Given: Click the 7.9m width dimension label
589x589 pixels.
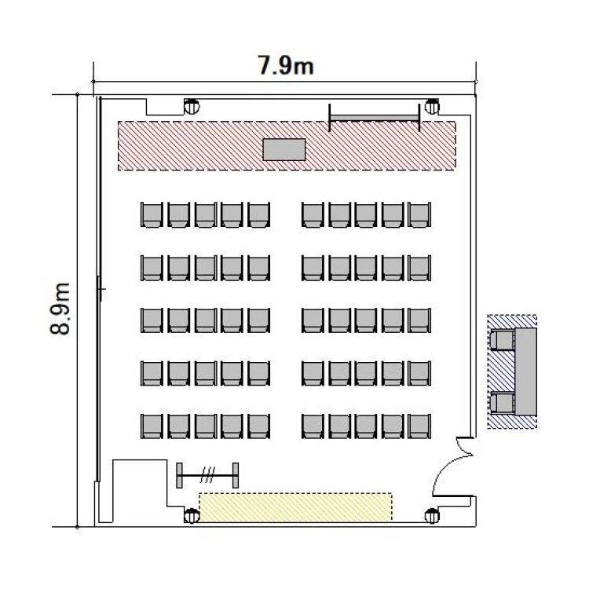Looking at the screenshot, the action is click(x=285, y=65).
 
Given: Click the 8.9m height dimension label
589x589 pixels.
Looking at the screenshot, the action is click(x=60, y=309).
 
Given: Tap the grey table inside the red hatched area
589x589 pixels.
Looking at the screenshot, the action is click(x=284, y=149).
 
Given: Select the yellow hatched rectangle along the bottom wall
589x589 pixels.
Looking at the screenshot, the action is click(x=295, y=507).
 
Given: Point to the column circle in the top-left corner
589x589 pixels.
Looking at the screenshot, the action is click(x=192, y=107).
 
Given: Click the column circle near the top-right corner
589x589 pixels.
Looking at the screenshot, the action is click(x=432, y=107).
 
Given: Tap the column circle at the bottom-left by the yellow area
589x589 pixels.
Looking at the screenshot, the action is click(x=192, y=516).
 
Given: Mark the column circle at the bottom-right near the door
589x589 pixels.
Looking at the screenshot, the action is click(x=432, y=516).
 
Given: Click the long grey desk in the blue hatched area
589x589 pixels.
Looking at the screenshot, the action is click(x=525, y=371).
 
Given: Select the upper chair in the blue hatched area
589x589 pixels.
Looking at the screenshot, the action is click(x=503, y=340).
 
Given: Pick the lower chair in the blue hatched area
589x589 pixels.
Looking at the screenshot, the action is click(x=503, y=403).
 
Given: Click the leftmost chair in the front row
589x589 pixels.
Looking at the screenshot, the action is click(x=152, y=215).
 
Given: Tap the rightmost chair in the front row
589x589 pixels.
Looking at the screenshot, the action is click(x=419, y=215).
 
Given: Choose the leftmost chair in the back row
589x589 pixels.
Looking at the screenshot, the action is click(x=152, y=426).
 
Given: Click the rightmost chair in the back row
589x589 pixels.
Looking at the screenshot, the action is click(x=419, y=426).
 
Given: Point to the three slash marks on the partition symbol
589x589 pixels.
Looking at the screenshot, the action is click(x=208, y=475).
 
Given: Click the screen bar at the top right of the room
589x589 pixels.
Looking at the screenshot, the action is click(x=374, y=118).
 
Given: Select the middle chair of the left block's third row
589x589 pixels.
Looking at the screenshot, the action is click(x=206, y=320).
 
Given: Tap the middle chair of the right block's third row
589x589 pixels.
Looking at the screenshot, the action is click(x=366, y=320).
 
